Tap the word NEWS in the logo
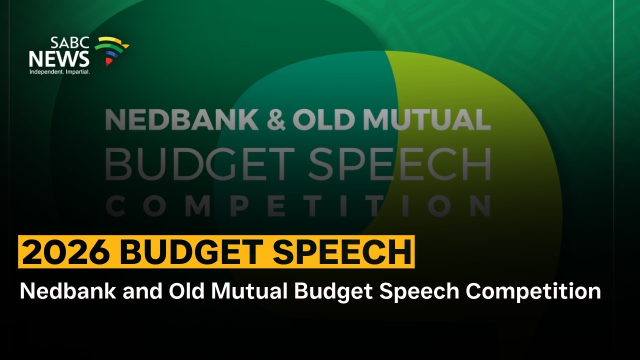tap(59, 59)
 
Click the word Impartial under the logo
tap(76, 72)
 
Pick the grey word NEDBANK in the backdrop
tap(182, 120)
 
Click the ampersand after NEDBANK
tap(275, 120)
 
